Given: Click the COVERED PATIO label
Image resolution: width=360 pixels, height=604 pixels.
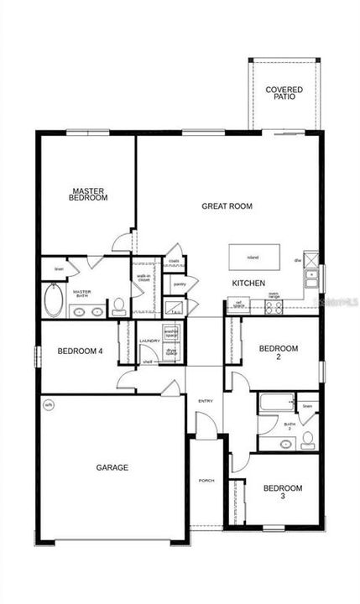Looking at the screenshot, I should click(x=284, y=92).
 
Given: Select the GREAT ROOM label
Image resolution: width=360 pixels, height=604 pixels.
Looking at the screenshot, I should click(x=227, y=206).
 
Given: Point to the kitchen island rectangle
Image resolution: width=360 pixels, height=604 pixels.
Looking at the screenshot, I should click(x=253, y=257).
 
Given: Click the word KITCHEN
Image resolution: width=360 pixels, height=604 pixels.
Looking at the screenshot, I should click(x=249, y=284).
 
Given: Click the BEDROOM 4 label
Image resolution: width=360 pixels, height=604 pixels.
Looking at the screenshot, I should click(x=80, y=351).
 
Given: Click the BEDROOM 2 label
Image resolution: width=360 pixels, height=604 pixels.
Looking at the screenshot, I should click(x=278, y=352).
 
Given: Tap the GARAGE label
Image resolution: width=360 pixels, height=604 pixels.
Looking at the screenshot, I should click(x=112, y=467).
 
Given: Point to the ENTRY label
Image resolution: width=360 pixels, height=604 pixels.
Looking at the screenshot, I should click(x=206, y=401).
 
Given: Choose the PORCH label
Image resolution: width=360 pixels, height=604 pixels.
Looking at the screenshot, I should click(x=206, y=481).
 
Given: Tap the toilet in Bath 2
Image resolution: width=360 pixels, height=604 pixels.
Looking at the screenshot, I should click(x=308, y=438).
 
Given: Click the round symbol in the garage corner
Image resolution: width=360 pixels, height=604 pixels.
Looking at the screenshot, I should click(x=49, y=404).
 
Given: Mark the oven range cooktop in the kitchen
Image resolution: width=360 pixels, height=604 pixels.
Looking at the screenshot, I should click(x=274, y=307).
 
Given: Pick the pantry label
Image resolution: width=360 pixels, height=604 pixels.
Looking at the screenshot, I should click(x=179, y=284).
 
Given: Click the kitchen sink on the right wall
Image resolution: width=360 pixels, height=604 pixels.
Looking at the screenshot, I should click(x=312, y=274).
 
